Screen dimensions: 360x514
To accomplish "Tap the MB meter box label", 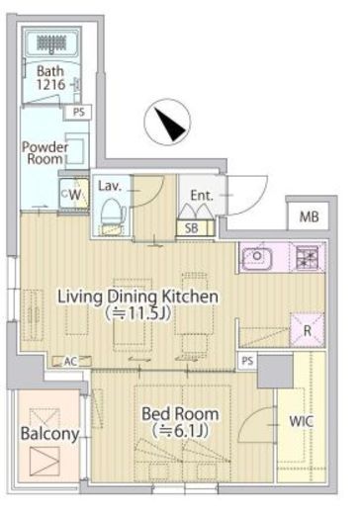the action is click(x=309, y=216).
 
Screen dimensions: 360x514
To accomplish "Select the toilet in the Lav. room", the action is click(x=113, y=214).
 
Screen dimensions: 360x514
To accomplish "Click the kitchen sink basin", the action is click(x=257, y=257).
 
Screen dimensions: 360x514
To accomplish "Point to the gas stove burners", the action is click(x=307, y=257).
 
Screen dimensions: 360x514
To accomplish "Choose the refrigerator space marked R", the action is click(x=307, y=330).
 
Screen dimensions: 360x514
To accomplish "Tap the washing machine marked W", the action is click(x=74, y=195).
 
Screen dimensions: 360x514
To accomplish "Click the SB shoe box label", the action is click(x=192, y=228).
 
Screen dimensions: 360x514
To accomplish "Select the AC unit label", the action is click(x=70, y=362).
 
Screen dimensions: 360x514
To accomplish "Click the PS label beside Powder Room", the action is click(x=79, y=112).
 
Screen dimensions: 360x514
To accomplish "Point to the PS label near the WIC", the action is click(x=247, y=361).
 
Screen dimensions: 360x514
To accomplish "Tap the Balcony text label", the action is click(x=49, y=434).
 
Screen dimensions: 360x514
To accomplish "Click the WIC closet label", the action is click(x=301, y=421).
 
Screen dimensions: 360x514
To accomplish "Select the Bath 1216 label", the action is click(x=50, y=78).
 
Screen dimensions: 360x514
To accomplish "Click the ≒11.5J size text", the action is click(x=137, y=314).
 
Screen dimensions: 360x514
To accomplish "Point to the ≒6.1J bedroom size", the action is click(x=180, y=431).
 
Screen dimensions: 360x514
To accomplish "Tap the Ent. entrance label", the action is click(x=202, y=196).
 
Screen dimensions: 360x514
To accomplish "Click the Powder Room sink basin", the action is click(x=76, y=151).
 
